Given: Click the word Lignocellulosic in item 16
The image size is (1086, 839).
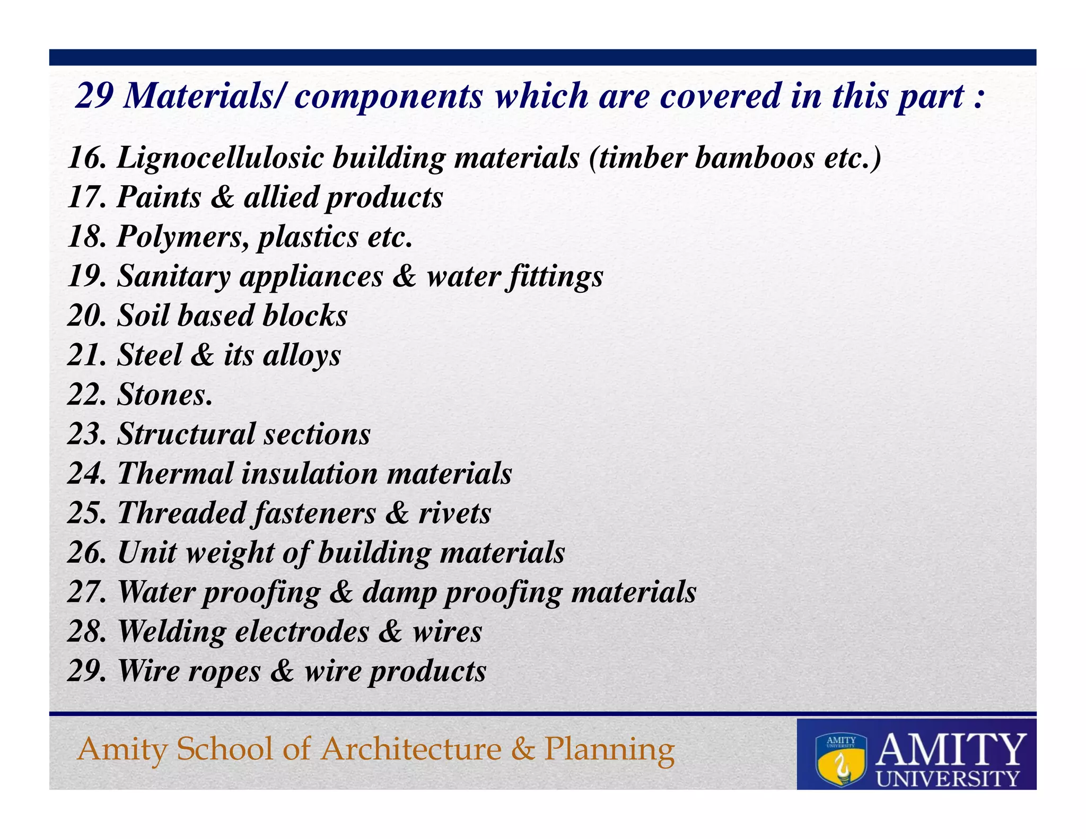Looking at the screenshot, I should click(220, 158).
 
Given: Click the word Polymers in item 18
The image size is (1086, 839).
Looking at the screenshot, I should click(183, 237).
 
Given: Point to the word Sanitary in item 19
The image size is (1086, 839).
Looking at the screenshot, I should click(173, 276).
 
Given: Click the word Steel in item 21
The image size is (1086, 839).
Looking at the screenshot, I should click(150, 355).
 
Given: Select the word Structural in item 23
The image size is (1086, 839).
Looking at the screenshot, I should click(186, 434).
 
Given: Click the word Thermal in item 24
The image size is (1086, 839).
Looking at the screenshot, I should click(175, 473).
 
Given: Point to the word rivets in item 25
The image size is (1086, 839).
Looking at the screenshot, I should click(455, 513).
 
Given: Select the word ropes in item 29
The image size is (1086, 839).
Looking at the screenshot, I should click(224, 671).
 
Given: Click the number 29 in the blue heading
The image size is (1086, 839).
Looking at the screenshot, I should click(93, 96).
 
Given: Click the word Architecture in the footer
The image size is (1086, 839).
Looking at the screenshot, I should click(411, 749).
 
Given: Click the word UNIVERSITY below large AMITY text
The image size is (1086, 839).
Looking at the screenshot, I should click(948, 778).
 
